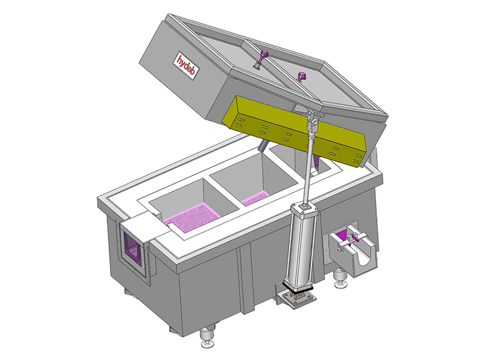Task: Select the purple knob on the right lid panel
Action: [x=302, y=76]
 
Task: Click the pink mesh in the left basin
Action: [x=192, y=216]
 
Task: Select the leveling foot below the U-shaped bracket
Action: [x=340, y=278]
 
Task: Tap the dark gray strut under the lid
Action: [x=262, y=146]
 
